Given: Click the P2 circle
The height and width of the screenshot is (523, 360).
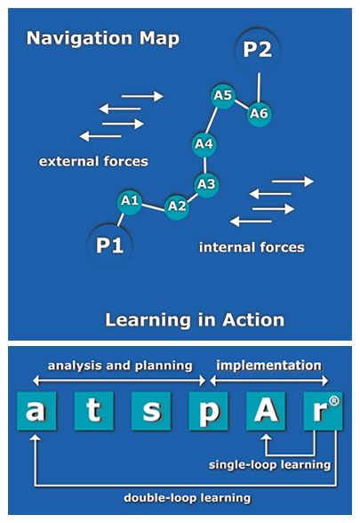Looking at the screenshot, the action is pyautogui.click(x=258, y=50).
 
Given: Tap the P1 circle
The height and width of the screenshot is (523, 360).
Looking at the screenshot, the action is pyautogui.click(x=109, y=245).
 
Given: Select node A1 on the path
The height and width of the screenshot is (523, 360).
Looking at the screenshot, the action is pyautogui.click(x=130, y=201).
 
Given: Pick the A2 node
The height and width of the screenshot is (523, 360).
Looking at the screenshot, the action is pyautogui.click(x=177, y=206).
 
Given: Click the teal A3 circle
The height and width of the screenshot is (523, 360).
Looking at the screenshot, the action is pyautogui.click(x=206, y=185).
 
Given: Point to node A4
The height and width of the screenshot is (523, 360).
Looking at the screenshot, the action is pyautogui.click(x=204, y=144).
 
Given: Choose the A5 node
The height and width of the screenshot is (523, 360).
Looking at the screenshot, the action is pyautogui.click(x=223, y=96).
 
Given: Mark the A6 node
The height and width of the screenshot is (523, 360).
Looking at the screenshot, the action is pyautogui.click(x=259, y=114).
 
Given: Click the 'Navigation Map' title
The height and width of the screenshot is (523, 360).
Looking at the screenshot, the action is pyautogui.click(x=103, y=38).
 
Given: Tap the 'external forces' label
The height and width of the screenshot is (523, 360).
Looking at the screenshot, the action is pyautogui.click(x=93, y=162).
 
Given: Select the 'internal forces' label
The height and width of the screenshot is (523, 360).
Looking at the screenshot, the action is pyautogui.click(x=252, y=247).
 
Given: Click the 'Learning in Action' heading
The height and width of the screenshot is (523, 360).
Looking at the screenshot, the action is pyautogui.click(x=195, y=320).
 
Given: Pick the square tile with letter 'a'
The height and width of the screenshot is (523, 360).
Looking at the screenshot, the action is pyautogui.click(x=36, y=411).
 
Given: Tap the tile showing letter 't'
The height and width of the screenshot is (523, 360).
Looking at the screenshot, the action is pyautogui.click(x=94, y=411).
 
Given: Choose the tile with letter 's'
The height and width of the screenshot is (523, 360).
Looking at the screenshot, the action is pyautogui.click(x=151, y=411).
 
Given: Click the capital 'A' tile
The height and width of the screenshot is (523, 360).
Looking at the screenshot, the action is pyautogui.click(x=266, y=411).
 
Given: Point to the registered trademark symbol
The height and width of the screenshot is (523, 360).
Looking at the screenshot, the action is pyautogui.click(x=334, y=401).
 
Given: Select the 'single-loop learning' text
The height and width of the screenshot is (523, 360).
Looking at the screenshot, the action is pyautogui.click(x=269, y=465).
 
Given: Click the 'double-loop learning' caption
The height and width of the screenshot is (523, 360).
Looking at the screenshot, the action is pyautogui.click(x=187, y=498).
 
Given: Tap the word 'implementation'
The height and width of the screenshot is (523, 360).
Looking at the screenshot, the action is pyautogui.click(x=269, y=366).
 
